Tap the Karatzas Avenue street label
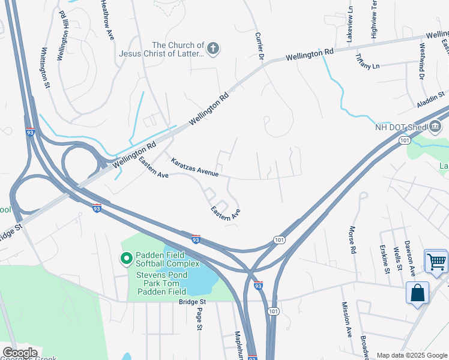click(x=194, y=167)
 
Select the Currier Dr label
click(x=259, y=46)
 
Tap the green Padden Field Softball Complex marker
click(x=127, y=259)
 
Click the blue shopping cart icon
click(x=436, y=261)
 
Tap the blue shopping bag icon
click(x=417, y=293)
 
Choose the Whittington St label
click(x=44, y=68)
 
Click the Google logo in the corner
click(x=20, y=352)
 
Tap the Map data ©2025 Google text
click(x=411, y=355)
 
